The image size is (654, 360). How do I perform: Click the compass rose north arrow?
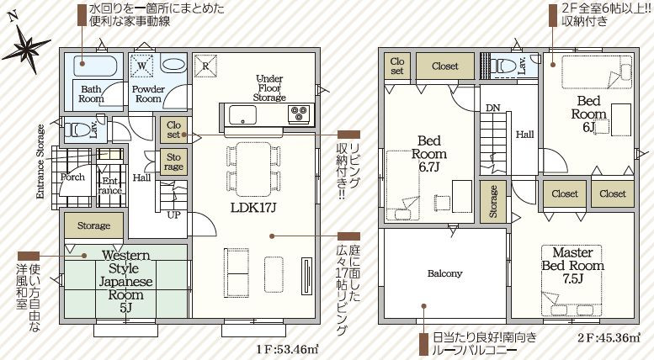click(26, 45)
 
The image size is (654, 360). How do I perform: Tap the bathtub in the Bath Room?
click(94, 65)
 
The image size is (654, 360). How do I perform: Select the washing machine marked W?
click(141, 66)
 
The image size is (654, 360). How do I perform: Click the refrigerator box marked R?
click(205, 66)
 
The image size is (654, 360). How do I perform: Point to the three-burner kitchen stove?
click(299, 114)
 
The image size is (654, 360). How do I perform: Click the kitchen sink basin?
click(242, 114)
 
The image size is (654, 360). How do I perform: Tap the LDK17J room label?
click(253, 208)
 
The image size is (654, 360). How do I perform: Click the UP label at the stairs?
click(174, 215)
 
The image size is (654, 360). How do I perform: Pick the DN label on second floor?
click(492, 108)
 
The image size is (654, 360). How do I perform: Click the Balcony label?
click(444, 273)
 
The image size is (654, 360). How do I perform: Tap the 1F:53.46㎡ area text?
click(287, 349)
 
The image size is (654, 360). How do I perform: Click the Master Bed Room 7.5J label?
click(573, 266)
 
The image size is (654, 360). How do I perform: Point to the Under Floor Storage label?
click(269, 88)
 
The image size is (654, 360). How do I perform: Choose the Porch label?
click(72, 177)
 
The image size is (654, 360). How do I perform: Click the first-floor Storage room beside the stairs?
click(173, 162)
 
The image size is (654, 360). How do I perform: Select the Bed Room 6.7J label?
click(429, 153)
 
